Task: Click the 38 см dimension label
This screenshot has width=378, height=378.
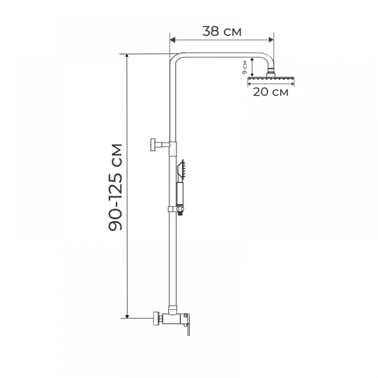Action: click(222, 31)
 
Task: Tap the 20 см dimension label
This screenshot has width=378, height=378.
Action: click(271, 92)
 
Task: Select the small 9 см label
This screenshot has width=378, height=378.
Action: click(245, 67)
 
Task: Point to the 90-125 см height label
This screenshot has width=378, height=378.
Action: click(116, 187)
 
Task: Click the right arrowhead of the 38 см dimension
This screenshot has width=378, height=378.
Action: click(271, 40)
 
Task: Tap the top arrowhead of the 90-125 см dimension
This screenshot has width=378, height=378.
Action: click(127, 56)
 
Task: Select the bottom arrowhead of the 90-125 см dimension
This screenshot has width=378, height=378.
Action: click(127, 316)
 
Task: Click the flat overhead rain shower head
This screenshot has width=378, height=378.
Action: click(271, 79)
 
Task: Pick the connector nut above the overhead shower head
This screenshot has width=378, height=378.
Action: click(271, 73)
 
